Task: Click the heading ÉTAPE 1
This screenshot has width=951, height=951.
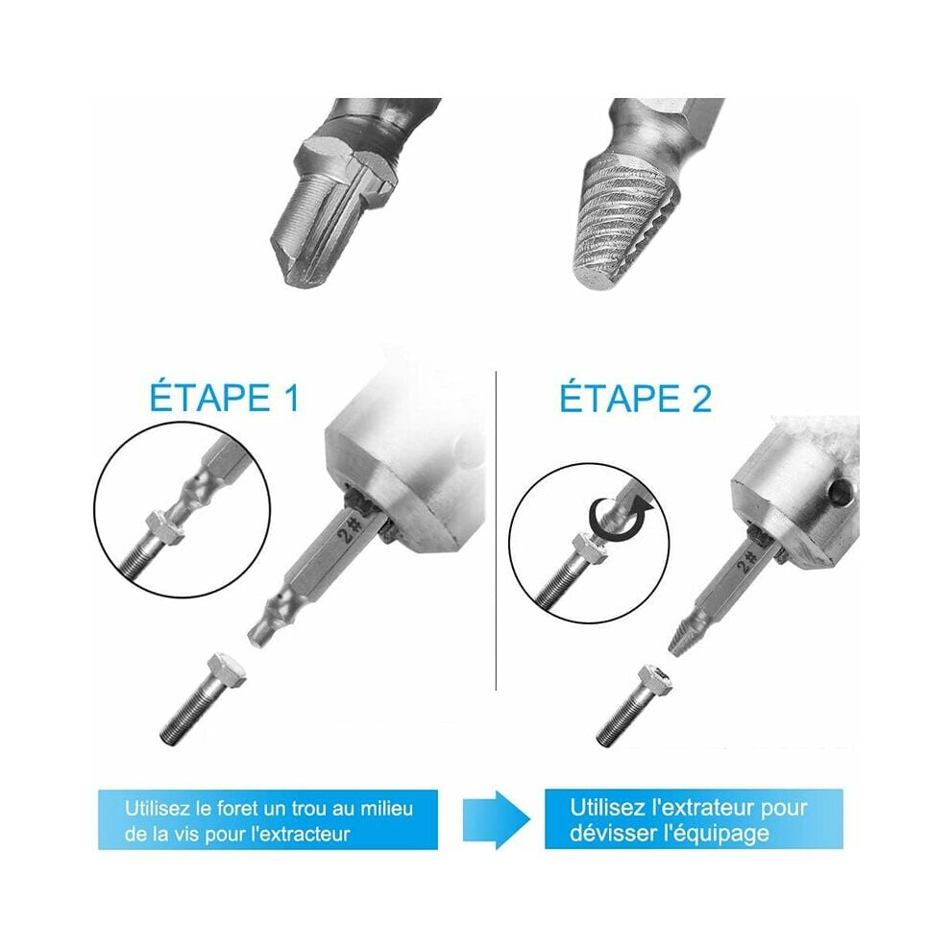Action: [x=225, y=398]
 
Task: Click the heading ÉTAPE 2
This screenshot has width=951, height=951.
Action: [x=635, y=398]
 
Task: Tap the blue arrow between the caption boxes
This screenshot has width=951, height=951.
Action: [x=496, y=819]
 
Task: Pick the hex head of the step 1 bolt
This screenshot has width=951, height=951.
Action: [x=227, y=671]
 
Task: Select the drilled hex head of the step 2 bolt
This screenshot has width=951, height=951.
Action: [x=657, y=680]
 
